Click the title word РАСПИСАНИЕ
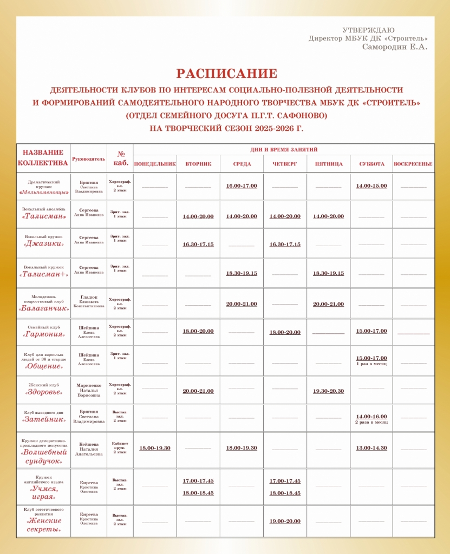(226, 74)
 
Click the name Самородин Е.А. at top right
(395, 47)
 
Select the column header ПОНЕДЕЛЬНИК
(155, 164)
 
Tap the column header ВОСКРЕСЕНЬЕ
(413, 164)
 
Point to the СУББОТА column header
(371, 164)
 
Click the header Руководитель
(88, 160)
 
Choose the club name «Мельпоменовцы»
(44, 192)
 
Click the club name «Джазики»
(44, 244)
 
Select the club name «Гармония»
(44, 335)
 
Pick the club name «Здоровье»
(44, 392)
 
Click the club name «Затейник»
(44, 420)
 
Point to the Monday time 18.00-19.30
(155, 448)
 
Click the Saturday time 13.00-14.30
(371, 448)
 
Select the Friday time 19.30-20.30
(328, 391)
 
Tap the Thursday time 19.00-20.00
(285, 521)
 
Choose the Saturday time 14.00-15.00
(371, 186)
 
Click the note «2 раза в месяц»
(371, 422)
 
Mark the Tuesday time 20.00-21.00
(198, 391)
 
